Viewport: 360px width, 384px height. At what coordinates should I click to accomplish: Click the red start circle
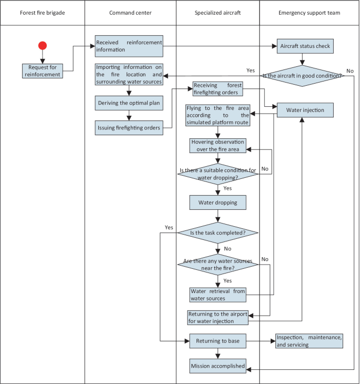tap(43, 46)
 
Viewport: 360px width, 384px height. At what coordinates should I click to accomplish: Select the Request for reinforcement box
tap(43, 70)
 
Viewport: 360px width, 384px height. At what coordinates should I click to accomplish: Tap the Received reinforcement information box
tap(129, 46)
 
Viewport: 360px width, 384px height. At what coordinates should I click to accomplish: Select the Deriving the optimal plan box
tap(129, 103)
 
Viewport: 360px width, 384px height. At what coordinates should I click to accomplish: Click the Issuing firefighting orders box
tap(129, 127)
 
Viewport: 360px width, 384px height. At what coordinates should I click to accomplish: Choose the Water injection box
tap(305, 110)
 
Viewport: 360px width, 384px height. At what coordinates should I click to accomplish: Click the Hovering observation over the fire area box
tap(218, 146)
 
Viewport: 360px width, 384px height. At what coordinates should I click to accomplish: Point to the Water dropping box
tap(218, 202)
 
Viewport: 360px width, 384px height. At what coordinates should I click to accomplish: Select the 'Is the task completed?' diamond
tap(218, 233)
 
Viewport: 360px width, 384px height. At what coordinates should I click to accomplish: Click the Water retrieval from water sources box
tap(218, 295)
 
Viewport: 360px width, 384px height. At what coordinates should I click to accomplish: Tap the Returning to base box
tap(218, 341)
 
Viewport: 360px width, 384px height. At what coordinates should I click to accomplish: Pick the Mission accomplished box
tap(218, 366)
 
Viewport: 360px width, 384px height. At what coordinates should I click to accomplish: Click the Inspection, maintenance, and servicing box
tap(308, 341)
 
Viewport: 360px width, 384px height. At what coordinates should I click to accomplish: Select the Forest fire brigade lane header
tap(43, 12)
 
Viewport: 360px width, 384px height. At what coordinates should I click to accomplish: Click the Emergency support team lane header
tap(310, 12)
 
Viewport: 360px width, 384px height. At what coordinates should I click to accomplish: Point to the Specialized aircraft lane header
tap(218, 12)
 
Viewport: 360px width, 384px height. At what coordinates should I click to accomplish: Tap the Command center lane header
tap(130, 12)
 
